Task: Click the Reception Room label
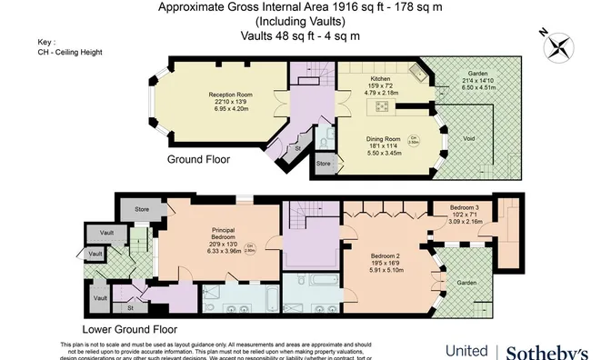pos(204,94)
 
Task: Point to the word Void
pos(469,137)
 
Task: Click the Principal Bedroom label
pos(224,232)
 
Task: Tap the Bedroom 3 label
pos(470,207)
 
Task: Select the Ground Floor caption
pos(198,159)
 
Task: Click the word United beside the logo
pos(466,351)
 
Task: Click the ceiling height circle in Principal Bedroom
pos(250,246)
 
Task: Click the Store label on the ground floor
pos(323,165)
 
